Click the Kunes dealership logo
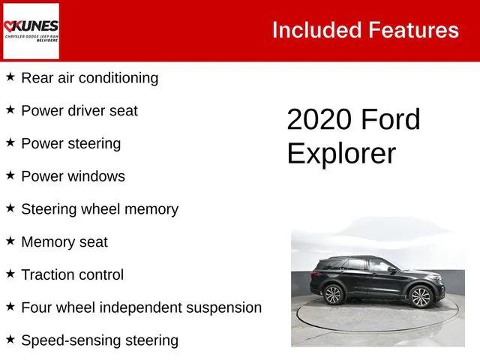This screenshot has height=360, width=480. click(x=31, y=31)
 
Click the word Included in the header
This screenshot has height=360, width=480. click(x=316, y=30)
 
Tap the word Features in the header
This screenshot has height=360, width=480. click(x=413, y=30)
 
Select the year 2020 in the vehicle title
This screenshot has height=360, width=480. click(x=319, y=120)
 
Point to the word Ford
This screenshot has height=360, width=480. click(x=391, y=120)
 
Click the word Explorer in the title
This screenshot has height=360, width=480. click(x=341, y=153)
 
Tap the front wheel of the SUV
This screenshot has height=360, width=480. click(x=421, y=297)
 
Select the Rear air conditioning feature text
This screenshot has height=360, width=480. click(x=89, y=78)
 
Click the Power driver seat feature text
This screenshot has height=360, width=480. click(x=79, y=111)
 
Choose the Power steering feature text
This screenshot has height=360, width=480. click(x=70, y=143)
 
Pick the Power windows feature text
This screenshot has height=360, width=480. click(x=73, y=176)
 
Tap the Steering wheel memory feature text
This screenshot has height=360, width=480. click(x=100, y=209)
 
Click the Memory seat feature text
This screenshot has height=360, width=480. click(x=64, y=242)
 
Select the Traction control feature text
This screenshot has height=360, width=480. click(x=73, y=274)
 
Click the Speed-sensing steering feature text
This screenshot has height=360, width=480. click(x=100, y=340)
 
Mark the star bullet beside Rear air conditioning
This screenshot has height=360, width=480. click(x=10, y=77)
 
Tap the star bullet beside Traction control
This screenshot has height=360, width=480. click(x=10, y=274)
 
